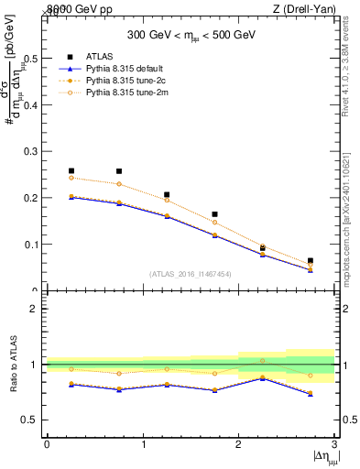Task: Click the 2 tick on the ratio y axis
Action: click(37, 309)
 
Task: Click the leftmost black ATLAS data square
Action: click(71, 170)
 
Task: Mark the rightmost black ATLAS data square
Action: click(311, 261)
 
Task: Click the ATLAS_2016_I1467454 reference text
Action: click(191, 273)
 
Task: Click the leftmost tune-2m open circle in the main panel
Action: click(71, 178)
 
